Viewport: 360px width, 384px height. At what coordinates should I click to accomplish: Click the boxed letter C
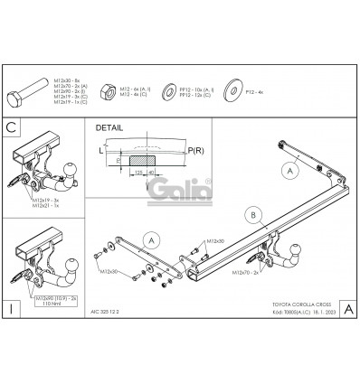point(11,127)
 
